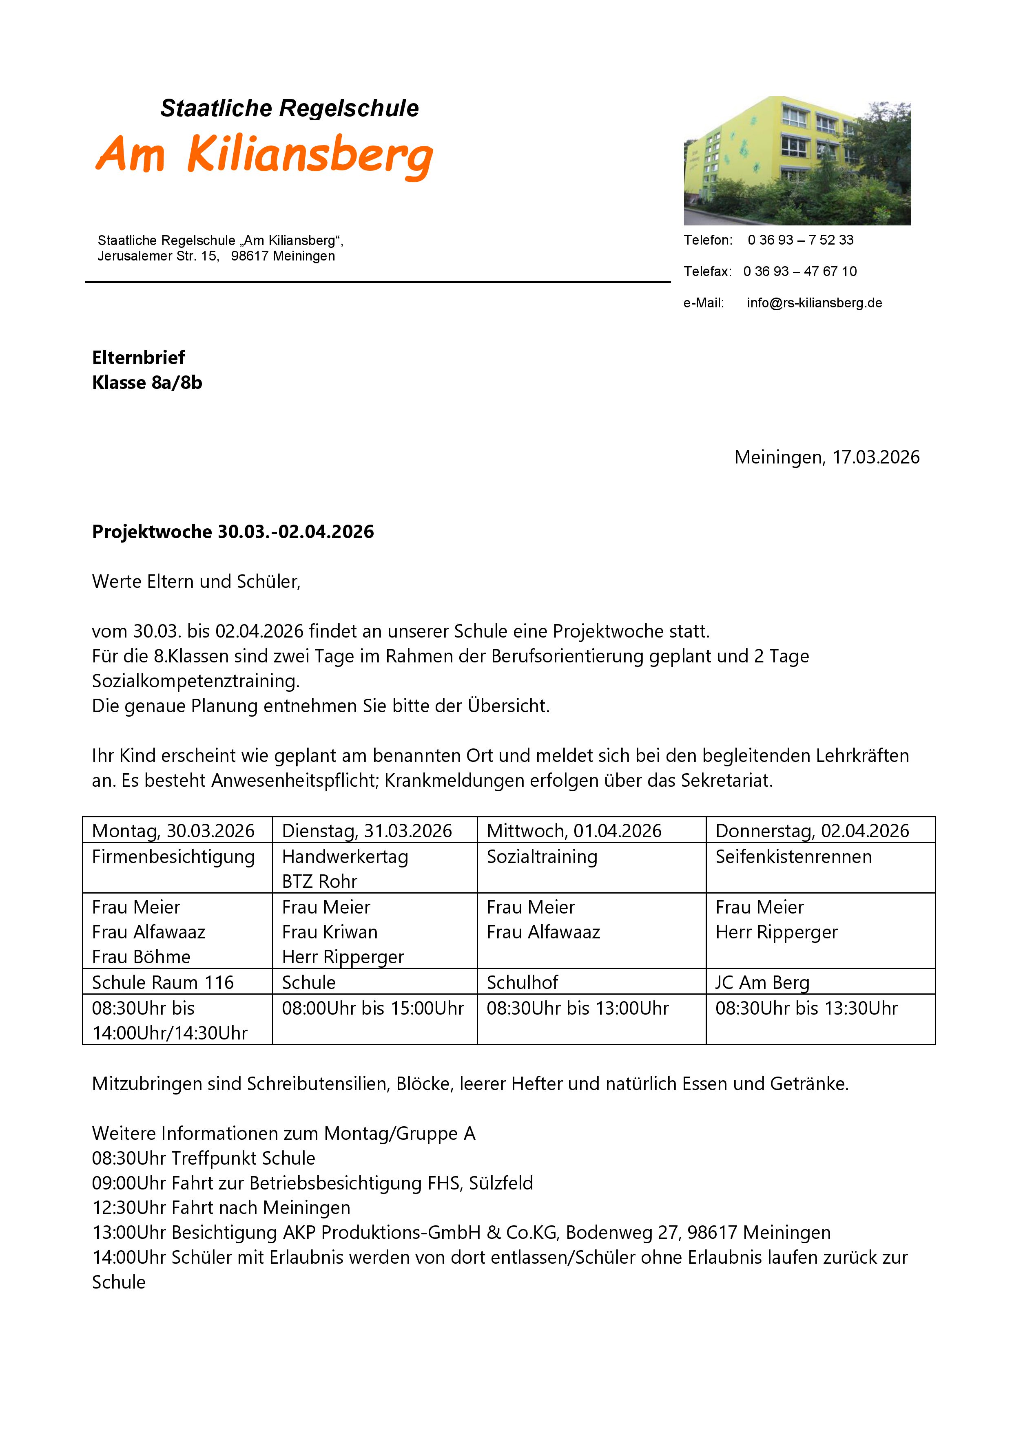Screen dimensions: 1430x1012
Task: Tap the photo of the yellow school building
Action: (797, 161)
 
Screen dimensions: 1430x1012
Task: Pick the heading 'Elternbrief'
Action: (138, 357)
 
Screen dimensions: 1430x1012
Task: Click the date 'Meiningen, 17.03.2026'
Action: (826, 457)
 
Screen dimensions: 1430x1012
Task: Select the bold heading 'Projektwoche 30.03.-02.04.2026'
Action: (233, 532)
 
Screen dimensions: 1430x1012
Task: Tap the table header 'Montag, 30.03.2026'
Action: (173, 831)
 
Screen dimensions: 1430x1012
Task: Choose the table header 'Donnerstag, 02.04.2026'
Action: (812, 831)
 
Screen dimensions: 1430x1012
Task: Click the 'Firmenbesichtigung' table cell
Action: (173, 857)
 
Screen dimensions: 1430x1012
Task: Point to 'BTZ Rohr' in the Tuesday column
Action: (320, 882)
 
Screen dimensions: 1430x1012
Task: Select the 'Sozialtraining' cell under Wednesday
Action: (542, 857)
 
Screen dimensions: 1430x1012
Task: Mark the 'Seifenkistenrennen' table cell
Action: (793, 857)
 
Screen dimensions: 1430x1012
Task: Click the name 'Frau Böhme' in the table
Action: (142, 957)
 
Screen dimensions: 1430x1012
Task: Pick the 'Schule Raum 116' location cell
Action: (163, 983)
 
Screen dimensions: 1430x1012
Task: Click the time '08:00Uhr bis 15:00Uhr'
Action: (373, 1009)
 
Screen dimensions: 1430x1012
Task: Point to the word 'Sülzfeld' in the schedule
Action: (500, 1183)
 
